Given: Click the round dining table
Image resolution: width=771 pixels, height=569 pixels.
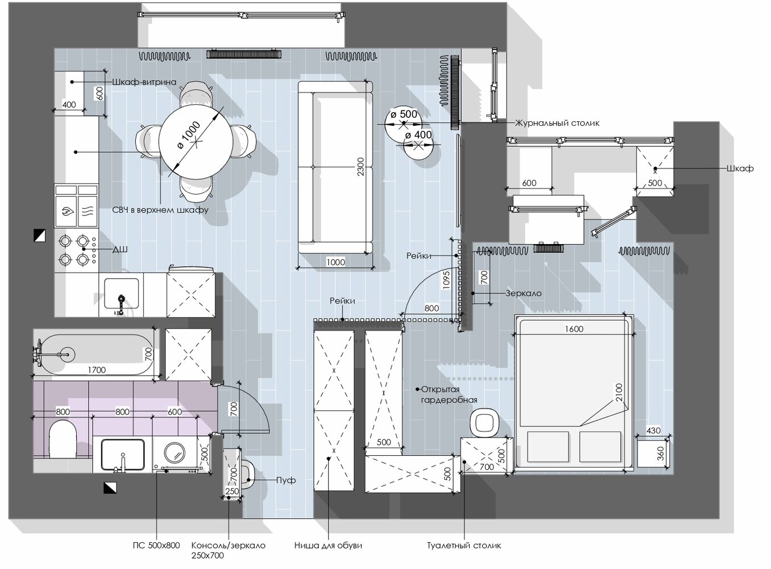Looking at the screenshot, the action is pyautogui.click(x=196, y=142).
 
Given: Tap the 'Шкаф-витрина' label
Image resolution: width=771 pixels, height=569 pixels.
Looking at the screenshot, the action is pyautogui.click(x=144, y=82).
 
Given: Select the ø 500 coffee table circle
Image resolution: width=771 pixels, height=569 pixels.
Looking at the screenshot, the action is pyautogui.click(x=403, y=123).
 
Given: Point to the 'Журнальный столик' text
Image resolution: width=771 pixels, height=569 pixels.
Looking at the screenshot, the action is pyautogui.click(x=557, y=123).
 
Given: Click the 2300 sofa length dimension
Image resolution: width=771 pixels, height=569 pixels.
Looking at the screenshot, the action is pyautogui.click(x=360, y=167).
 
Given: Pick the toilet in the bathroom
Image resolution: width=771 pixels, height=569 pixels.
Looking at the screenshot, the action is pyautogui.click(x=63, y=440).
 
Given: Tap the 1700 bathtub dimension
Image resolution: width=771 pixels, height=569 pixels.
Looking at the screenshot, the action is pyautogui.click(x=97, y=370).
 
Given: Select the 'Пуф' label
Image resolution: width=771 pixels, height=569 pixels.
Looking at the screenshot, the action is pyautogui.click(x=286, y=480).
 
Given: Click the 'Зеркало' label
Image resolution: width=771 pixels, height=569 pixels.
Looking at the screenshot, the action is pyautogui.click(x=523, y=294).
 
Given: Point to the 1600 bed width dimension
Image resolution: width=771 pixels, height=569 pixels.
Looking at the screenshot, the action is pyautogui.click(x=574, y=329).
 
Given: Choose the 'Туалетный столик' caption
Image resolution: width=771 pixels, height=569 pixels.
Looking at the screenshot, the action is pyautogui.click(x=464, y=546).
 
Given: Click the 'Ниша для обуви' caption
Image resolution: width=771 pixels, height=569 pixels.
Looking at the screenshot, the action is pyautogui.click(x=329, y=546).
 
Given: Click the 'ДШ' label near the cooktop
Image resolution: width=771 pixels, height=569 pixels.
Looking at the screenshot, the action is pyautogui.click(x=120, y=249).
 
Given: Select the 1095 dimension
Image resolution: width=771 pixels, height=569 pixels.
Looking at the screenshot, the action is pyautogui.click(x=446, y=280).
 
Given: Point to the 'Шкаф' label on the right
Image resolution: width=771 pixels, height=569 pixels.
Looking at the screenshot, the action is pyautogui.click(x=740, y=168).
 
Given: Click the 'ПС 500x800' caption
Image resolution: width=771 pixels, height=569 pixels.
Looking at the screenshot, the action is pyautogui.click(x=156, y=546).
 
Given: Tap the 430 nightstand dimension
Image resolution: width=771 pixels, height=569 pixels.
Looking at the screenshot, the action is pyautogui.click(x=653, y=431).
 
